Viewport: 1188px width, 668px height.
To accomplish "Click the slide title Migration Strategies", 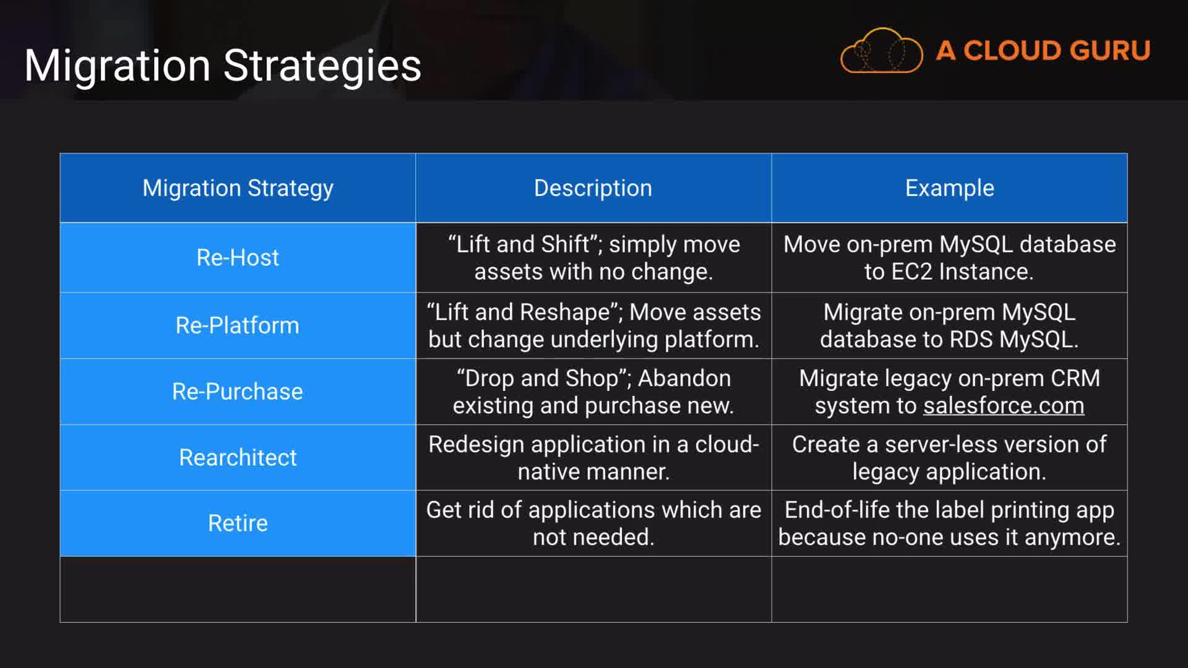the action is point(223,66).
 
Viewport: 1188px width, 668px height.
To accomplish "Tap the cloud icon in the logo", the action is point(882,51).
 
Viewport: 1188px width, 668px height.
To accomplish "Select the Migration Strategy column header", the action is point(238,188).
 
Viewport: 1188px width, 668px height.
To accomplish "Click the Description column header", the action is point(593,188).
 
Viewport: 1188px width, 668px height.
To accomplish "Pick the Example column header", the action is point(950,188).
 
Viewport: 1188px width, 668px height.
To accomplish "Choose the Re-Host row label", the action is point(238,257).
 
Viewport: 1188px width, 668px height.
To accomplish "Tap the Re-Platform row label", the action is point(238,325).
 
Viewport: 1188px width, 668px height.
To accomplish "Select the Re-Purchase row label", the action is point(238,392).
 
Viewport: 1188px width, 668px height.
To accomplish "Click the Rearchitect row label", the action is point(238,458).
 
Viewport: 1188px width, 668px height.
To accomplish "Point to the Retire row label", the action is point(238,523).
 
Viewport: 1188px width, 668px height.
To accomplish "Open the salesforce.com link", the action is point(1004,406).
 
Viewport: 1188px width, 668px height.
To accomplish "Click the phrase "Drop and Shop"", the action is point(542,378).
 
